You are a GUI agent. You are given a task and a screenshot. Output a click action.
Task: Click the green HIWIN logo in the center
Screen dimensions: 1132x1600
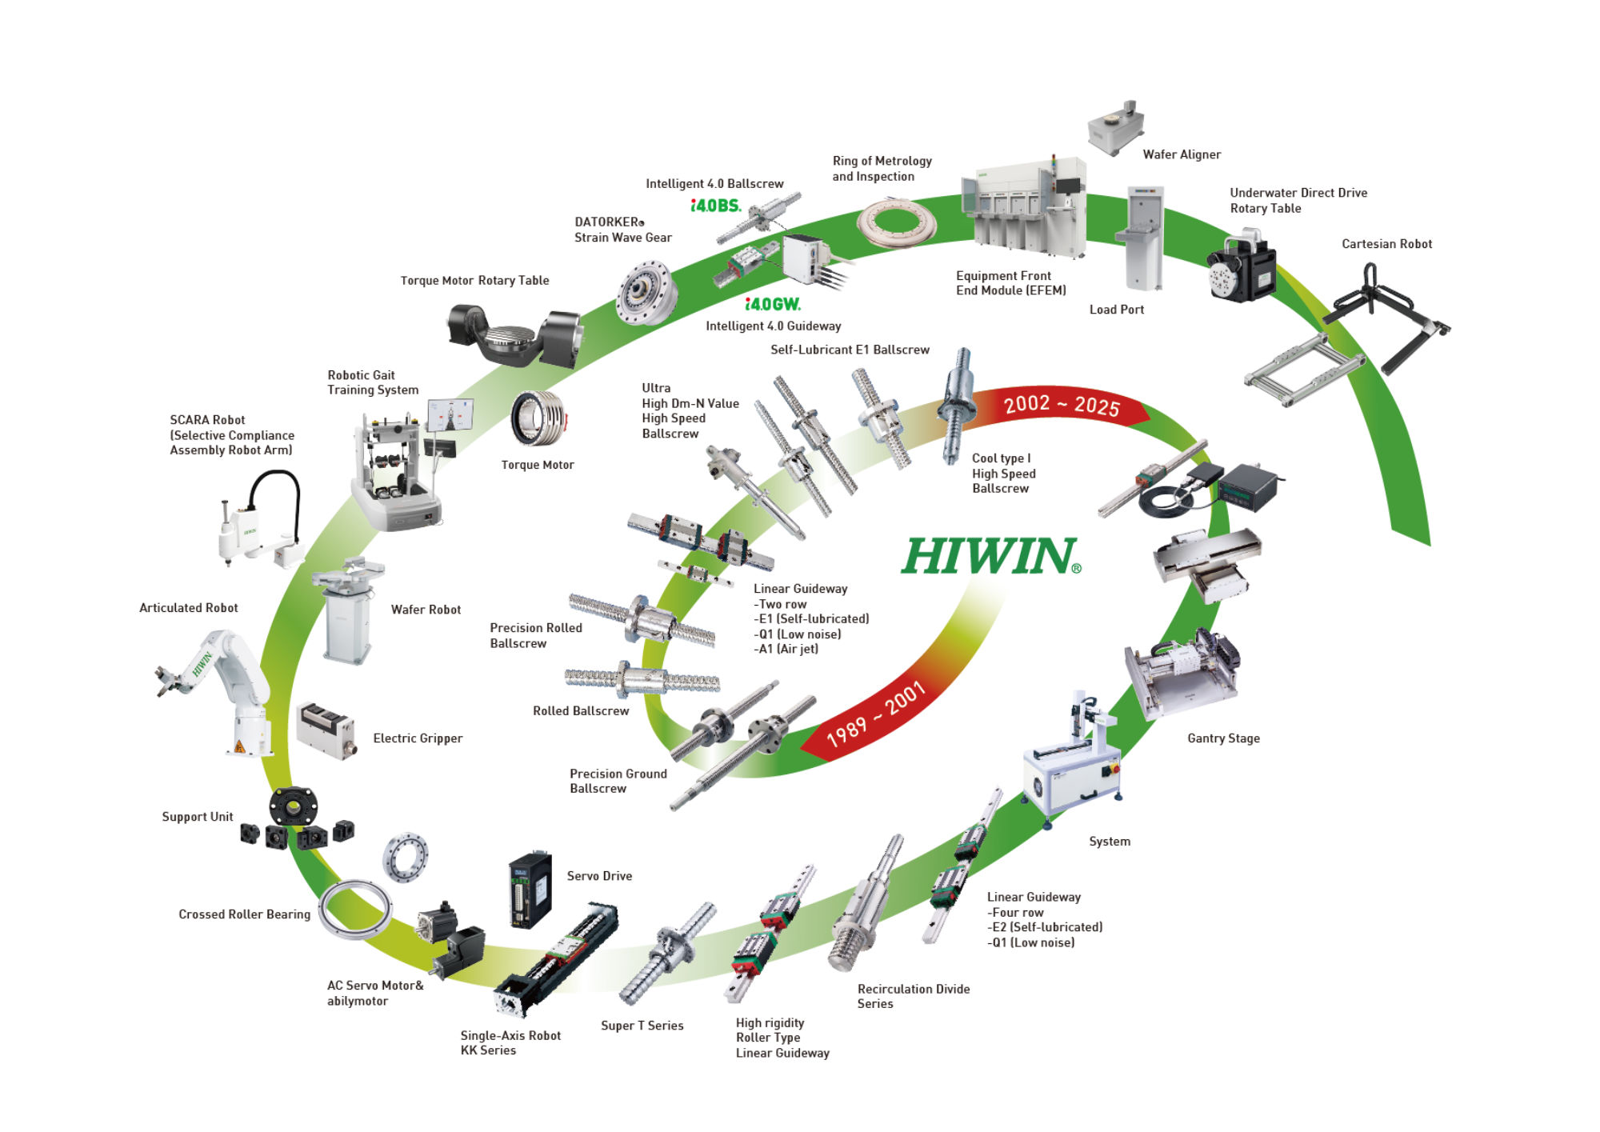pyautogui.click(x=990, y=556)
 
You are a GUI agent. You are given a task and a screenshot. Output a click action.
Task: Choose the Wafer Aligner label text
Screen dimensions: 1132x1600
pyautogui.click(x=1181, y=154)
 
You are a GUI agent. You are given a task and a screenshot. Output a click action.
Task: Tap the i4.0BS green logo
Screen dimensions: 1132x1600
pyautogui.click(x=715, y=206)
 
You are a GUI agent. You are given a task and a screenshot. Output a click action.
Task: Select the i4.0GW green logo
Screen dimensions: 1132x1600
pyautogui.click(x=772, y=304)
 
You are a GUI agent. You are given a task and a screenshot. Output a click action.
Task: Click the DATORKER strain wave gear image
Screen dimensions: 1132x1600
pyautogui.click(x=646, y=292)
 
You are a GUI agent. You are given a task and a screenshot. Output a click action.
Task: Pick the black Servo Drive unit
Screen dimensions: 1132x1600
pyautogui.click(x=530, y=889)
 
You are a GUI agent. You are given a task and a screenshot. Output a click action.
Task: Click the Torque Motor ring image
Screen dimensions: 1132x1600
pyautogui.click(x=539, y=418)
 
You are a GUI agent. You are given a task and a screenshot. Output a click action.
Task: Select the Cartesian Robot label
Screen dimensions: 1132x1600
pyautogui.click(x=1386, y=244)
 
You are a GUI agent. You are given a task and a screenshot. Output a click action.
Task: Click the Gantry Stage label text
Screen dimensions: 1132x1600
pyautogui.click(x=1223, y=738)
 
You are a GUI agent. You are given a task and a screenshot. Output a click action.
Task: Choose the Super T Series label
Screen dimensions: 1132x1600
pyautogui.click(x=642, y=1026)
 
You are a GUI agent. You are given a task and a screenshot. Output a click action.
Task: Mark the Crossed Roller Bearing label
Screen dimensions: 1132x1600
pyautogui.click(x=244, y=914)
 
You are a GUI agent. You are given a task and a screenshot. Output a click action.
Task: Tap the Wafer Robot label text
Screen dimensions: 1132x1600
pyautogui.click(x=426, y=610)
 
